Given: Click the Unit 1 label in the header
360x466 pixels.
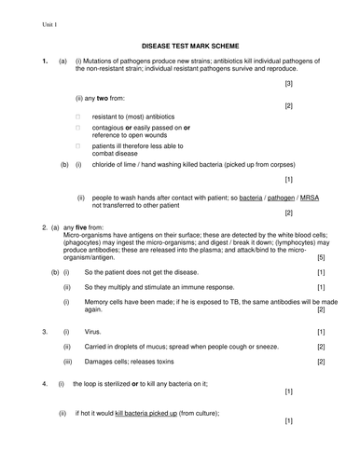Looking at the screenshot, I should click(22, 21).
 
